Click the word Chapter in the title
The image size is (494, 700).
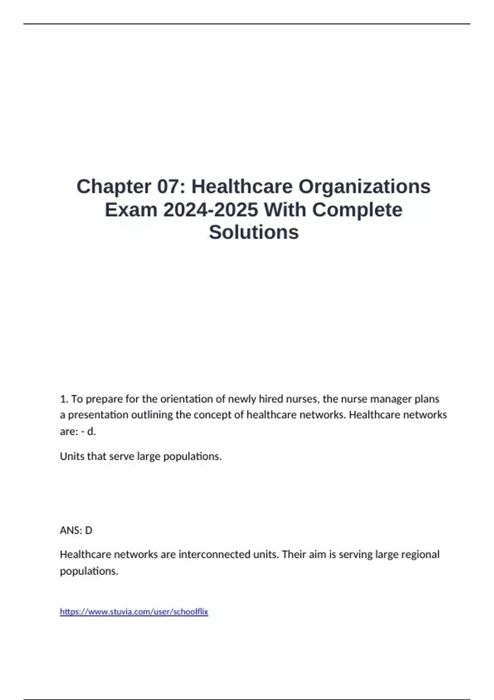tap(114, 187)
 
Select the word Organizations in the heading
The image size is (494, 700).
tap(364, 187)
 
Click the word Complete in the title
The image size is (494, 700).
tap(357, 210)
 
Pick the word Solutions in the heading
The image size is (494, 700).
tap(254, 232)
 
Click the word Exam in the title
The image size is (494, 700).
tap(131, 210)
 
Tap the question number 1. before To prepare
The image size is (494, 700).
tap(64, 399)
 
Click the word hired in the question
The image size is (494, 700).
tap(270, 399)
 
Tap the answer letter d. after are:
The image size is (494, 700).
tap(91, 432)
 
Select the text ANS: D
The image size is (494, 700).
tap(76, 530)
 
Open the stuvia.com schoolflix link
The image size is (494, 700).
tap(134, 612)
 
